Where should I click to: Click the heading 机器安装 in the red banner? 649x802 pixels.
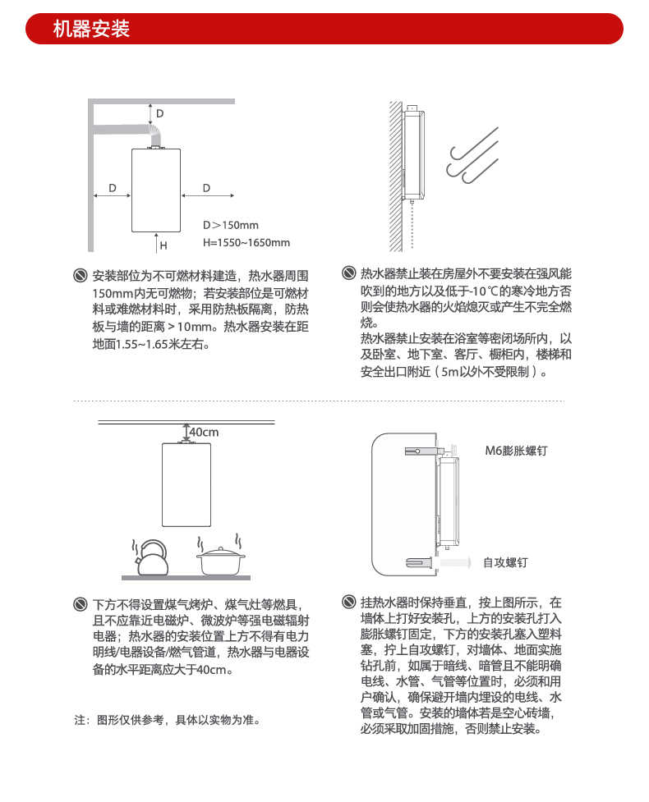click(91, 30)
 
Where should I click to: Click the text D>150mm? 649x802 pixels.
click(230, 225)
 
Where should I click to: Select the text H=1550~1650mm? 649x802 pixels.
click(246, 243)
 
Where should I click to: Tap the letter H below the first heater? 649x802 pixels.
click(163, 245)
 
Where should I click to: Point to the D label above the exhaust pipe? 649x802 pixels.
click(160, 113)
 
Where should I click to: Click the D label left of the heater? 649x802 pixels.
click(112, 188)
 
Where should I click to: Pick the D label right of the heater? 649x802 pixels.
click(206, 188)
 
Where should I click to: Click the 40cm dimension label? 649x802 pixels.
click(205, 432)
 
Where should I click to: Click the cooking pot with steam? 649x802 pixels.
click(221, 560)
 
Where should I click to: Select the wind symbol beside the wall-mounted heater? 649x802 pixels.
click(472, 159)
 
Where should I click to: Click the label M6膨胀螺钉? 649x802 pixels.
click(516, 451)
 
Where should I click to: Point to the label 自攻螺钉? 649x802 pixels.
click(504, 562)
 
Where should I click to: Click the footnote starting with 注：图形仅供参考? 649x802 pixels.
click(168, 720)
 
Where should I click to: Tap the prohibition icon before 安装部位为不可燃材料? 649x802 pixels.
click(80, 274)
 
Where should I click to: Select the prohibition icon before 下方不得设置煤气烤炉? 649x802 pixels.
click(80, 604)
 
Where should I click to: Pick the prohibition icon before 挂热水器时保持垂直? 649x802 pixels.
click(348, 603)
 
